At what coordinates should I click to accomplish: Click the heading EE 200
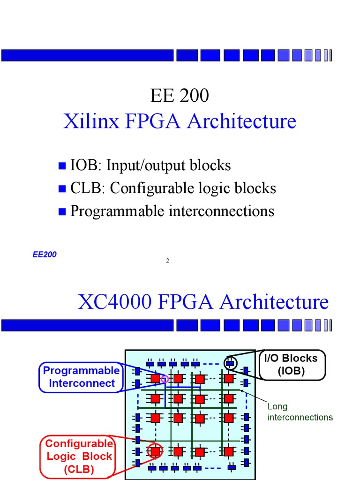click(x=180, y=96)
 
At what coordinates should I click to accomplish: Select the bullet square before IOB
click(x=61, y=165)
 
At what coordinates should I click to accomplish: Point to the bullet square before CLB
click(x=61, y=188)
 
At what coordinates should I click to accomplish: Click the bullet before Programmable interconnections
click(x=61, y=211)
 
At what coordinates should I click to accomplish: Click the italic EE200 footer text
click(x=45, y=255)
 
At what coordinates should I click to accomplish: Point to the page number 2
click(x=167, y=261)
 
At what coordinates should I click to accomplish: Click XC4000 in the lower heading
click(x=114, y=302)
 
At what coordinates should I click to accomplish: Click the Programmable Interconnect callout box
click(x=82, y=377)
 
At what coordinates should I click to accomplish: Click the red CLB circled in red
click(x=155, y=451)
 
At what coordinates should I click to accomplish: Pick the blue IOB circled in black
click(x=230, y=363)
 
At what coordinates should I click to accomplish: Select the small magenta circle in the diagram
click(x=165, y=379)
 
